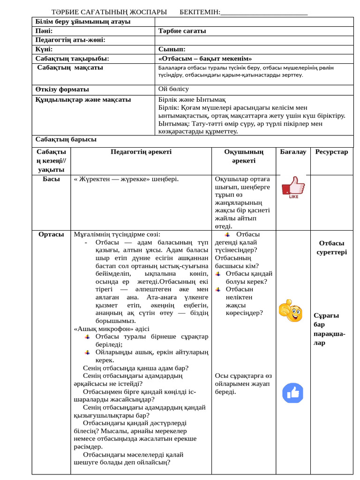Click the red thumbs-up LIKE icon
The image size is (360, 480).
click(293, 187)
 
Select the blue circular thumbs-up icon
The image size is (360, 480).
click(292, 393)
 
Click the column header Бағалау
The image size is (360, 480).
click(293, 152)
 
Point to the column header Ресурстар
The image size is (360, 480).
click(331, 152)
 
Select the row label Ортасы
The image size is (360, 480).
click(51, 234)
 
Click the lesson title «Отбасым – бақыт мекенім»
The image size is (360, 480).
click(205, 59)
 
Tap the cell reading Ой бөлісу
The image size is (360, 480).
click(173, 89)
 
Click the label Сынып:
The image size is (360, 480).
click(172, 49)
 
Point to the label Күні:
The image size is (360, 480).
click(44, 49)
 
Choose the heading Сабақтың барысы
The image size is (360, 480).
click(66, 139)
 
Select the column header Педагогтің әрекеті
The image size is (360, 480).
click(141, 152)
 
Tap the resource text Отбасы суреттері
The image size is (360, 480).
click(331, 247)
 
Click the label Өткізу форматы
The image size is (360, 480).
click(62, 89)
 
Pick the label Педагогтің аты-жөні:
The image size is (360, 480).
click(70, 40)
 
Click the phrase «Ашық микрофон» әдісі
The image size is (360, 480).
click(112, 329)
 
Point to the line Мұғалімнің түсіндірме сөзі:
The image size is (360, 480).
click(117, 234)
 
